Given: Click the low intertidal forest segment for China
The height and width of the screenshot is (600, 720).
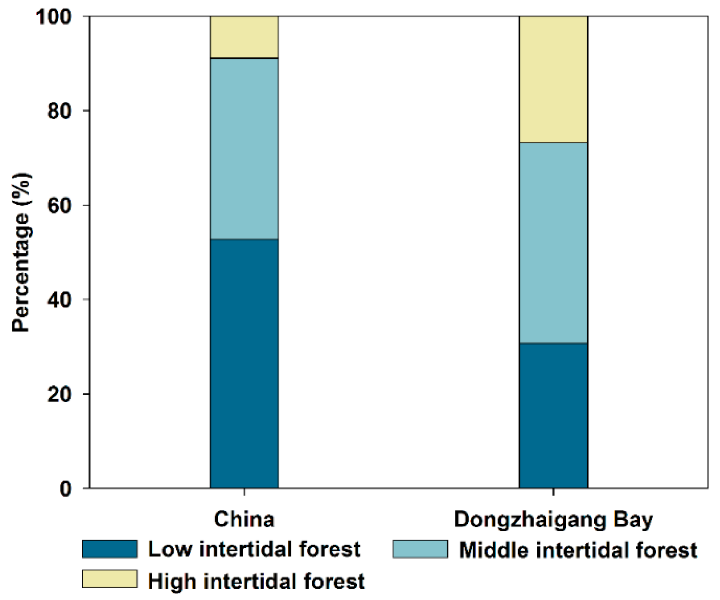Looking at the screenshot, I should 244,363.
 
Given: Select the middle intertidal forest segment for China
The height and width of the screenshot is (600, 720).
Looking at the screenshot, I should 244,149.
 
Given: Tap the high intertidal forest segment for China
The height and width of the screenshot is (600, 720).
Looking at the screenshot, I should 244,37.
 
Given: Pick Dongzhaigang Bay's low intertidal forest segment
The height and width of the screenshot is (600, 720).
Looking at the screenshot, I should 553,415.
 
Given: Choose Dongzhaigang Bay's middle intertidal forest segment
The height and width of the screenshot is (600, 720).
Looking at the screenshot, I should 553,243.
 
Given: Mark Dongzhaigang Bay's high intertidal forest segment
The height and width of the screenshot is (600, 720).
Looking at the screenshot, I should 553,79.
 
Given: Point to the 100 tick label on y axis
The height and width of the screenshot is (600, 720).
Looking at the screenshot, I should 53,17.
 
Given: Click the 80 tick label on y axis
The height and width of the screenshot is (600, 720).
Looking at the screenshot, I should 59,111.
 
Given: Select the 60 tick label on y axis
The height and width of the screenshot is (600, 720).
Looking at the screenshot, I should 59,205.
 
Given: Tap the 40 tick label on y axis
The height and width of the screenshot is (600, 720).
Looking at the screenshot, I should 59,299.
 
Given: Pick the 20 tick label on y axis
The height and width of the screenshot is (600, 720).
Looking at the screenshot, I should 59,394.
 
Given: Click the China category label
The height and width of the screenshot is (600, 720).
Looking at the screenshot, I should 244,519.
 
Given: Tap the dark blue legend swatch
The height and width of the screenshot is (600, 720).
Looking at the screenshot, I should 110,549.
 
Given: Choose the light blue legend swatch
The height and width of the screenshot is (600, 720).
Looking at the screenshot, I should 420,549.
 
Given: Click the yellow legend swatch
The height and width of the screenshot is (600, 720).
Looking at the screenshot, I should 110,579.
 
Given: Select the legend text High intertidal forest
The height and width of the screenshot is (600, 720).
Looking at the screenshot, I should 256,580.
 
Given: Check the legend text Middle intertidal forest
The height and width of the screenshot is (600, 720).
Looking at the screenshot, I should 578,550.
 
